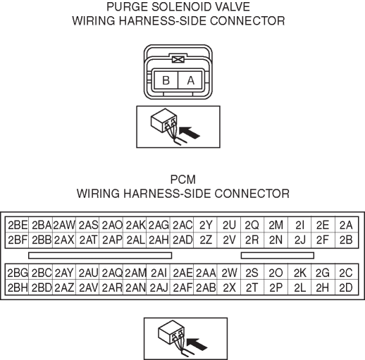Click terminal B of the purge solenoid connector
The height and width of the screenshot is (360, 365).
point(166,80)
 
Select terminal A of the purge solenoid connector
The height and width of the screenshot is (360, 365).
point(190,80)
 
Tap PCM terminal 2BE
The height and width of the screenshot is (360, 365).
point(17,225)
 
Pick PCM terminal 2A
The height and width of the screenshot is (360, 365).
point(347,225)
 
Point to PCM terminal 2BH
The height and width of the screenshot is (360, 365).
point(17,287)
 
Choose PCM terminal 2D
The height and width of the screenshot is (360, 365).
point(347,287)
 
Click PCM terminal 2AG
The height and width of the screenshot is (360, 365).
point(159,225)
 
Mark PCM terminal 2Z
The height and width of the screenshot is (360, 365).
point(206,240)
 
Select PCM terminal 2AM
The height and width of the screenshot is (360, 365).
point(135,273)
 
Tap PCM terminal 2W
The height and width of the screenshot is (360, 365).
point(229,273)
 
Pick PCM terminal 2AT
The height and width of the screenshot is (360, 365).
point(87,240)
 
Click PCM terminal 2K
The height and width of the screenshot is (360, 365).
point(299,273)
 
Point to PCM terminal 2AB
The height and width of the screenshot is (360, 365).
point(206,287)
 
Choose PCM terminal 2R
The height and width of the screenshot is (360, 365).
point(252,240)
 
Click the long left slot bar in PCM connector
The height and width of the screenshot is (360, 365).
point(100,255)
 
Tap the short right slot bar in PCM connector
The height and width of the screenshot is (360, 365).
point(278,255)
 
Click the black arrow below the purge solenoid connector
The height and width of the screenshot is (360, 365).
point(189,132)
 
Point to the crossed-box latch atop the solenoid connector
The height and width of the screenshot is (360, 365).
point(178,60)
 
